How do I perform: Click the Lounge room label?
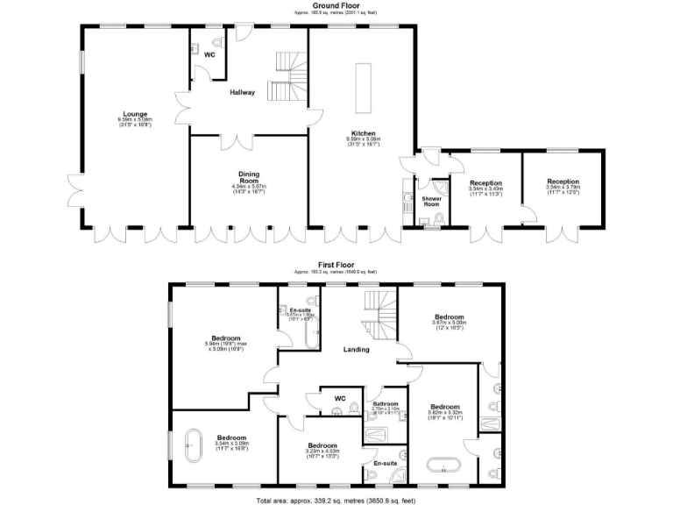coord(135,114)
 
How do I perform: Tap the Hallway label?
coord(243,92)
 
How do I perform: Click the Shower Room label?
coord(430,200)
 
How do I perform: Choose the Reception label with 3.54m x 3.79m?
coord(563,181)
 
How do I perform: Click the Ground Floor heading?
coord(336,6)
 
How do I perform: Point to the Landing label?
coord(356,349)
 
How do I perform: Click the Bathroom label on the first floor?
coord(386,403)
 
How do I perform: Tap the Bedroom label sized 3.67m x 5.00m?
coord(447,317)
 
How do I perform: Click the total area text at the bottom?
coord(336,500)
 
